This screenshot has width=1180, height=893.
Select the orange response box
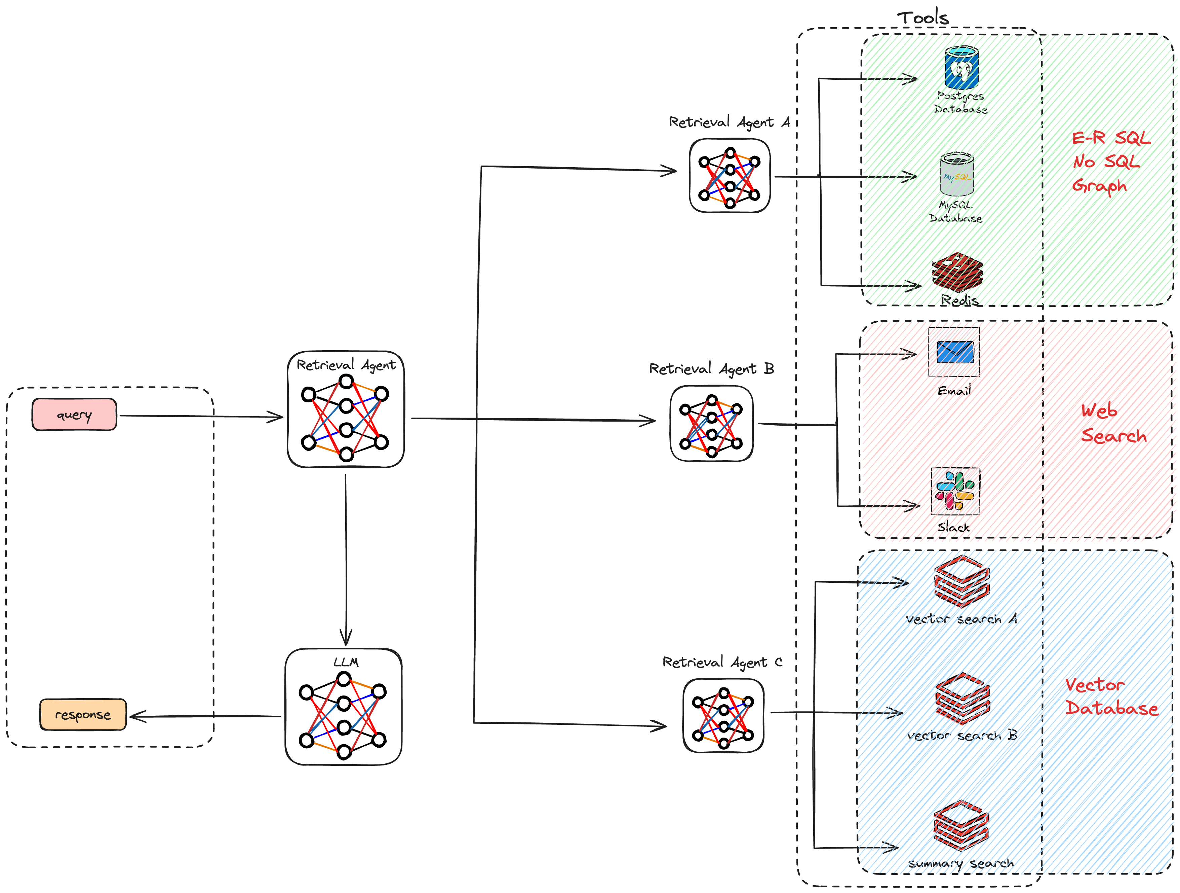tap(83, 715)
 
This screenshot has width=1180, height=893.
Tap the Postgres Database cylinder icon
tap(962, 68)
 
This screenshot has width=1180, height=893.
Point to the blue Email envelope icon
tap(955, 352)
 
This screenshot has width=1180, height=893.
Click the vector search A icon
tap(962, 582)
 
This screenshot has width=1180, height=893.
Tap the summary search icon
tap(961, 825)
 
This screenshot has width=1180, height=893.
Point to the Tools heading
tap(923, 17)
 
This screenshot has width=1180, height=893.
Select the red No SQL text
tap(1106, 161)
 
